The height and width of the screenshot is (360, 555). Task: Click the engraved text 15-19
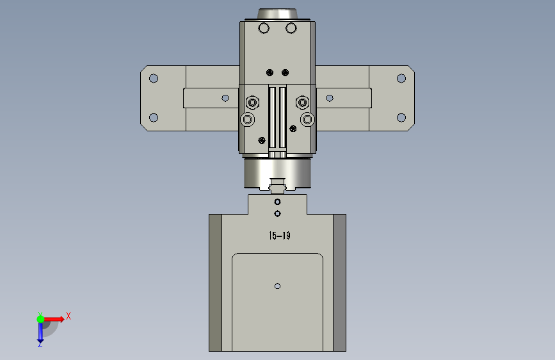pyautogui.click(x=280, y=236)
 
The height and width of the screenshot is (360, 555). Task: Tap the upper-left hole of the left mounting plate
pyautogui.click(x=154, y=78)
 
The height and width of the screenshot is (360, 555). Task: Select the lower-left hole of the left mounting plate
pyautogui.click(x=154, y=117)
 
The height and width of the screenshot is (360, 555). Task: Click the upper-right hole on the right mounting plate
pyautogui.click(x=401, y=78)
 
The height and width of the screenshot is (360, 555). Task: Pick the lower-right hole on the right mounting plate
pyautogui.click(x=401, y=117)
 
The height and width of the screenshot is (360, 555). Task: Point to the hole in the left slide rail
pyautogui.click(x=225, y=98)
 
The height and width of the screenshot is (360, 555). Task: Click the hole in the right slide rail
pyautogui.click(x=330, y=98)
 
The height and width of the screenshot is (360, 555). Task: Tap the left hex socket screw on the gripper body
pyautogui.click(x=252, y=102)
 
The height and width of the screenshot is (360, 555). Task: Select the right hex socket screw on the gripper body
pyautogui.click(x=302, y=102)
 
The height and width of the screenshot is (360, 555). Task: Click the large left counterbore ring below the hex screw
pyautogui.click(x=248, y=119)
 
